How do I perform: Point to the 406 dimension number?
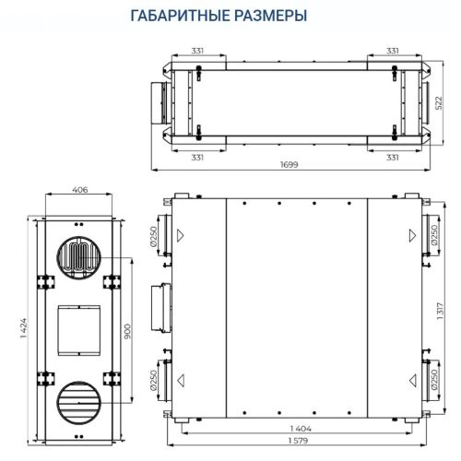pos(79,191)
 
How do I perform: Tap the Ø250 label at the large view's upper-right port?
pos(435,237)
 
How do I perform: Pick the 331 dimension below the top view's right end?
pos(392,158)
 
